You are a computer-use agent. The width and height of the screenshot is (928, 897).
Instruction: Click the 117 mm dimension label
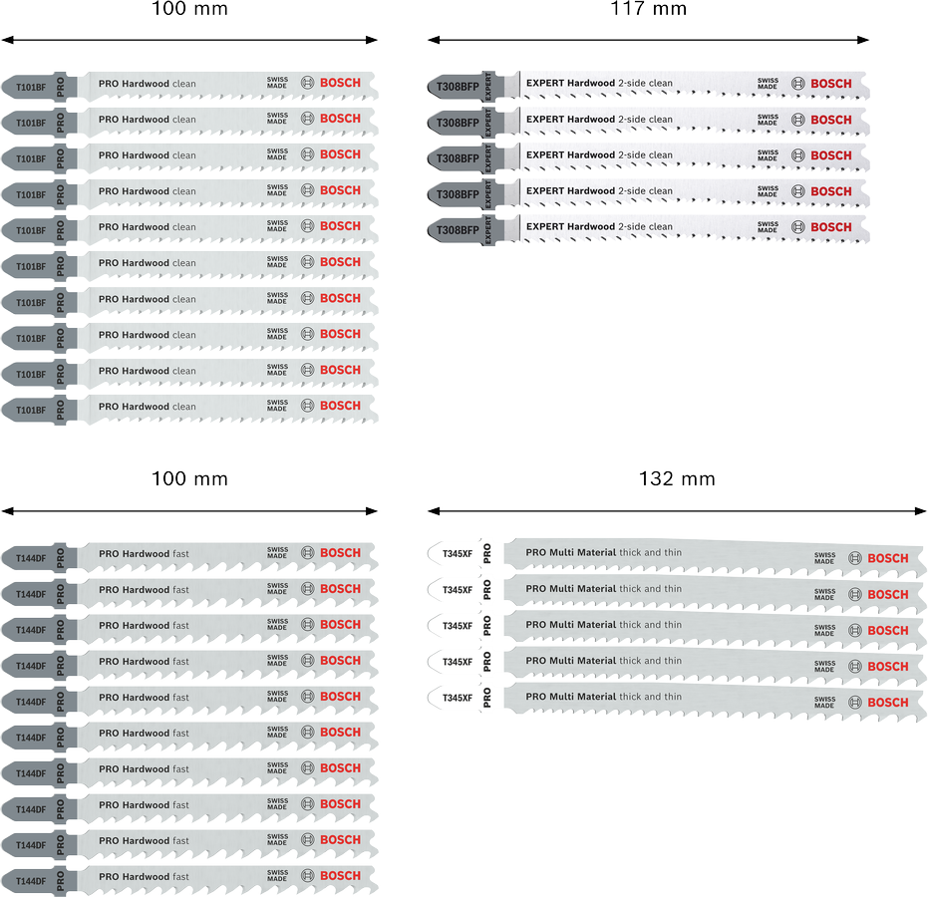pos(649,9)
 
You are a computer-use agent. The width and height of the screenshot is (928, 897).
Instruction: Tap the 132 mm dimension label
pos(677,478)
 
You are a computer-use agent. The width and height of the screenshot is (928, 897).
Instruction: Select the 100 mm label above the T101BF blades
pos(190,9)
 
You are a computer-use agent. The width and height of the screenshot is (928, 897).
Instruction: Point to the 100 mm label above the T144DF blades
pos(190,478)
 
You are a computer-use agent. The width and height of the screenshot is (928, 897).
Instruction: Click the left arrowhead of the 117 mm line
pos(434,40)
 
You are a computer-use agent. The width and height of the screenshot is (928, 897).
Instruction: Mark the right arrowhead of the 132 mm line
pos(920,511)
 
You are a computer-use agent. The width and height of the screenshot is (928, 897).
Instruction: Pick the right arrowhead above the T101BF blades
pos(372,40)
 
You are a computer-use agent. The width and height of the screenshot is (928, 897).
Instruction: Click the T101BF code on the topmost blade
pos(31,88)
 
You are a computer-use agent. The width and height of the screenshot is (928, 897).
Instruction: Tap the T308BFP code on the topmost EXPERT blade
pos(458,87)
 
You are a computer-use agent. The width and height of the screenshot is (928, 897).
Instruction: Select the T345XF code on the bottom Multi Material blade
pos(458,699)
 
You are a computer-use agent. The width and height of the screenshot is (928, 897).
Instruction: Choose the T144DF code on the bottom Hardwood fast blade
pos(31,881)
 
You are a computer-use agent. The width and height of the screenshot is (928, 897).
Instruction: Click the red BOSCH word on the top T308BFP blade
pos(831,84)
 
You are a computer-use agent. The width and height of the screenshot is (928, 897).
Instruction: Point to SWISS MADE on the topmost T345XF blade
pos(824,558)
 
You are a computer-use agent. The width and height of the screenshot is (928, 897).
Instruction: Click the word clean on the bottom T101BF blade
pos(184,407)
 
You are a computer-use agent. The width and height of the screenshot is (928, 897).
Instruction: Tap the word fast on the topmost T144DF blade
pos(181,554)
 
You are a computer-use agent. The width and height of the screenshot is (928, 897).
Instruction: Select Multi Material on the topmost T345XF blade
pos(583,552)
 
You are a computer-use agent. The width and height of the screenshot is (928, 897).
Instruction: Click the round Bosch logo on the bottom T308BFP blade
pos(797,227)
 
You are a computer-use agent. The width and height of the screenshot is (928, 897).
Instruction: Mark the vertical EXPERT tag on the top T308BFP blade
pos(488,87)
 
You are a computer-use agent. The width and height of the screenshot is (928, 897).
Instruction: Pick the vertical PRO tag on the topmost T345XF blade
pos(487,554)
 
